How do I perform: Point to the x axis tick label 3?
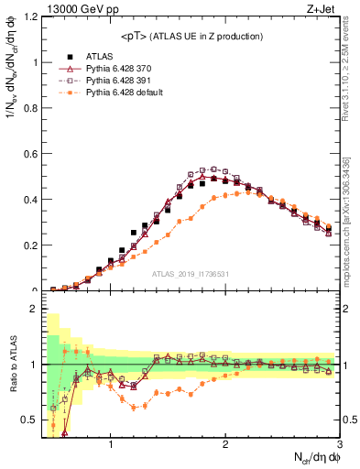pos(338,446)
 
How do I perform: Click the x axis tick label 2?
pos(224,446)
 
